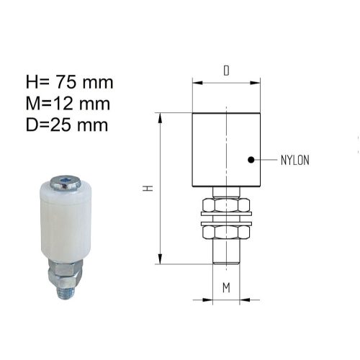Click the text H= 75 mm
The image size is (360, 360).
69,82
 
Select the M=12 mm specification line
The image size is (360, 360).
68,104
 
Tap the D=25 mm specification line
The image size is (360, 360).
67,125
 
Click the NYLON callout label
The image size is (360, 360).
295,160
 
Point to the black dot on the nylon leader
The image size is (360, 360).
251,160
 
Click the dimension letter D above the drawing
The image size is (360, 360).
226,71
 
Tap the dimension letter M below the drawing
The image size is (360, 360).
226,287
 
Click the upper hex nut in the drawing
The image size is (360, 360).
226,205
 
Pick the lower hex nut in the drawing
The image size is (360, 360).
226,233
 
